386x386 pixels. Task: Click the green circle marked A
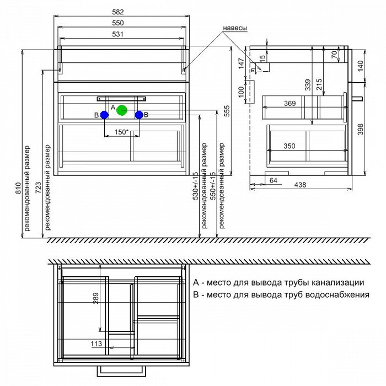click(122, 110)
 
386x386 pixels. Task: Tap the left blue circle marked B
click(104, 115)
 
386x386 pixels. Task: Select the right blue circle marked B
click(139, 115)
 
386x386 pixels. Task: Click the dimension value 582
click(118, 12)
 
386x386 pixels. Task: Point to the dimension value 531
click(117, 34)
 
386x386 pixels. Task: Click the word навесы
click(234, 28)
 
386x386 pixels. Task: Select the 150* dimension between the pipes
click(122, 132)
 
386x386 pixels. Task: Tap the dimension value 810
click(19, 188)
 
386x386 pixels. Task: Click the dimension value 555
click(227, 111)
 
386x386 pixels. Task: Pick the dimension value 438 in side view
click(300, 185)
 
